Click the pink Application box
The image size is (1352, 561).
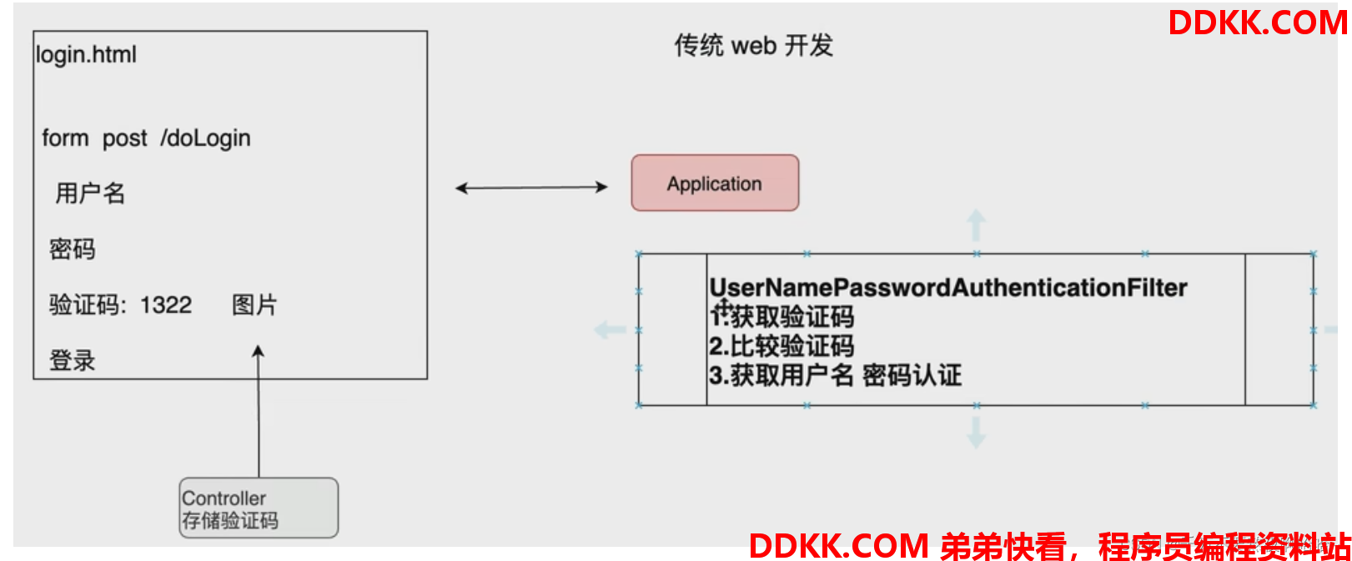(x=715, y=183)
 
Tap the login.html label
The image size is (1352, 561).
(x=86, y=55)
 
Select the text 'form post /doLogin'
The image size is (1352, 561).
(x=146, y=138)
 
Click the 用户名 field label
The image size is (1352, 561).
(x=90, y=194)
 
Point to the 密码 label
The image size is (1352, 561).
(x=73, y=249)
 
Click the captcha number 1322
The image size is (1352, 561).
(x=166, y=305)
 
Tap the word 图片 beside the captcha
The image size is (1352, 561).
(x=254, y=305)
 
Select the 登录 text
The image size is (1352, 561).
(x=73, y=361)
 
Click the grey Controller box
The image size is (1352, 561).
(x=259, y=508)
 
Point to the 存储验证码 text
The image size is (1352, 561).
(x=230, y=521)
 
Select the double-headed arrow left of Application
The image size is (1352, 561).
(x=531, y=188)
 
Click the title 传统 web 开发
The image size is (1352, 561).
(x=753, y=45)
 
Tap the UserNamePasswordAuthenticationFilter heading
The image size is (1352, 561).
(x=947, y=288)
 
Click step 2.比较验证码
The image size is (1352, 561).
(x=782, y=346)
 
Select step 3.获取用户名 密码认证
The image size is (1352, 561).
(x=835, y=375)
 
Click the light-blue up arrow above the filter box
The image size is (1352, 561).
(x=976, y=225)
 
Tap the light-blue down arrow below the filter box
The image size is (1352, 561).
(x=976, y=432)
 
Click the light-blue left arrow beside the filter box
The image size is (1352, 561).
(x=610, y=330)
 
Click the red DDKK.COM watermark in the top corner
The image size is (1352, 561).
(x=1258, y=23)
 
